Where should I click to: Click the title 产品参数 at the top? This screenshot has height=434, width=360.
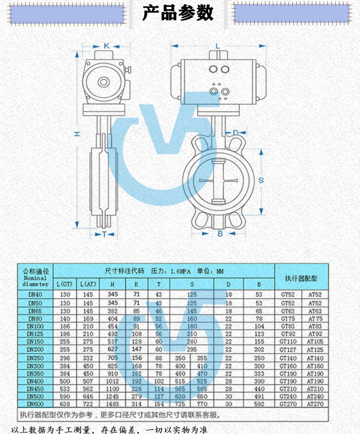(x=178, y=13)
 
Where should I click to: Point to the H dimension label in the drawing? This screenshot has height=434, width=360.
(x=77, y=134)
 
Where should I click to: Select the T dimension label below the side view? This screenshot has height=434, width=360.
(x=104, y=235)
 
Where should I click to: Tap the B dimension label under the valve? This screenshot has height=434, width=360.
(x=220, y=234)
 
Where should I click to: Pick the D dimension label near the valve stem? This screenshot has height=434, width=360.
(x=235, y=132)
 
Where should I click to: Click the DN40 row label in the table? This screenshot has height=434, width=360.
(x=35, y=294)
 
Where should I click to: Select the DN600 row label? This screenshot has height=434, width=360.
(x=35, y=403)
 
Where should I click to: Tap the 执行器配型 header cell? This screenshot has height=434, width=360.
(x=301, y=279)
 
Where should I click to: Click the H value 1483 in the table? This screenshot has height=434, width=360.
(x=113, y=403)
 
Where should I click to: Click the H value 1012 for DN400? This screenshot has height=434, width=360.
(x=113, y=380)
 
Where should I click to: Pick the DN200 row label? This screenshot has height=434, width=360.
(x=35, y=349)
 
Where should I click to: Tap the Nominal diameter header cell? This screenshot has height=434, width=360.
(x=35, y=279)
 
